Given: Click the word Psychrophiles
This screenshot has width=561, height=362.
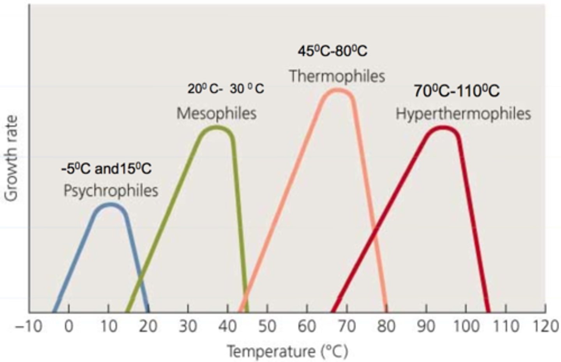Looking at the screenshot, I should click(111, 191).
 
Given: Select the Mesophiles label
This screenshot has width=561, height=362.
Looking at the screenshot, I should click(217, 113).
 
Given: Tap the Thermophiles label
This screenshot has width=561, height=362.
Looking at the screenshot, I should click(337, 76).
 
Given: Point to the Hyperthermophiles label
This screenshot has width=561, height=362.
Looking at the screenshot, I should click(463, 114).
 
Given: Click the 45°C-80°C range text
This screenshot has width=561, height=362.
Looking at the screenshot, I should click(332, 51).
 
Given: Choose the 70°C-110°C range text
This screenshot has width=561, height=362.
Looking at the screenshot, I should click(456, 91).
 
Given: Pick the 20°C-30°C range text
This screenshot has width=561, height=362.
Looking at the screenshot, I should click(226, 89).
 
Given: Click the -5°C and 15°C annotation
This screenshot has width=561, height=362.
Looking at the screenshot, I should click(106, 169).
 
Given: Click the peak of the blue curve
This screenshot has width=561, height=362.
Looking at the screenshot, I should click(111, 204).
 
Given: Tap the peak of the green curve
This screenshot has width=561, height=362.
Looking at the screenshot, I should click(217, 127).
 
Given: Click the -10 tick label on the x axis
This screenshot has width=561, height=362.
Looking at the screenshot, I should click(28, 326).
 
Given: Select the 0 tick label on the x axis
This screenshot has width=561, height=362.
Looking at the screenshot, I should click(69, 326).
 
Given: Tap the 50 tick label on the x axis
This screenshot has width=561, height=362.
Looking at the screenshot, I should click(267, 326).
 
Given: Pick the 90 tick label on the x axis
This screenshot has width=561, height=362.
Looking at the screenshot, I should click(426, 326).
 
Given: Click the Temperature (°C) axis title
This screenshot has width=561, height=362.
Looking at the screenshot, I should click(287, 351).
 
